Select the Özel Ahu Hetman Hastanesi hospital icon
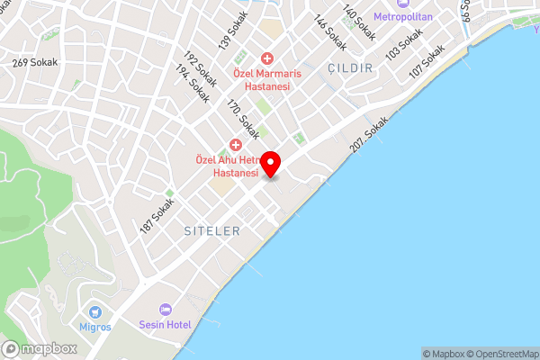point(237,144)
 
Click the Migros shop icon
point(94,310)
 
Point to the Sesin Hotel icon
point(165,309)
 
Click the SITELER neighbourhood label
point(211,231)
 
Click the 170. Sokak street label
point(243,119)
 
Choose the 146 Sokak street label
point(329,32)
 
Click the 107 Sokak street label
point(427,60)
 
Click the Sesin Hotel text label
point(165,324)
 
